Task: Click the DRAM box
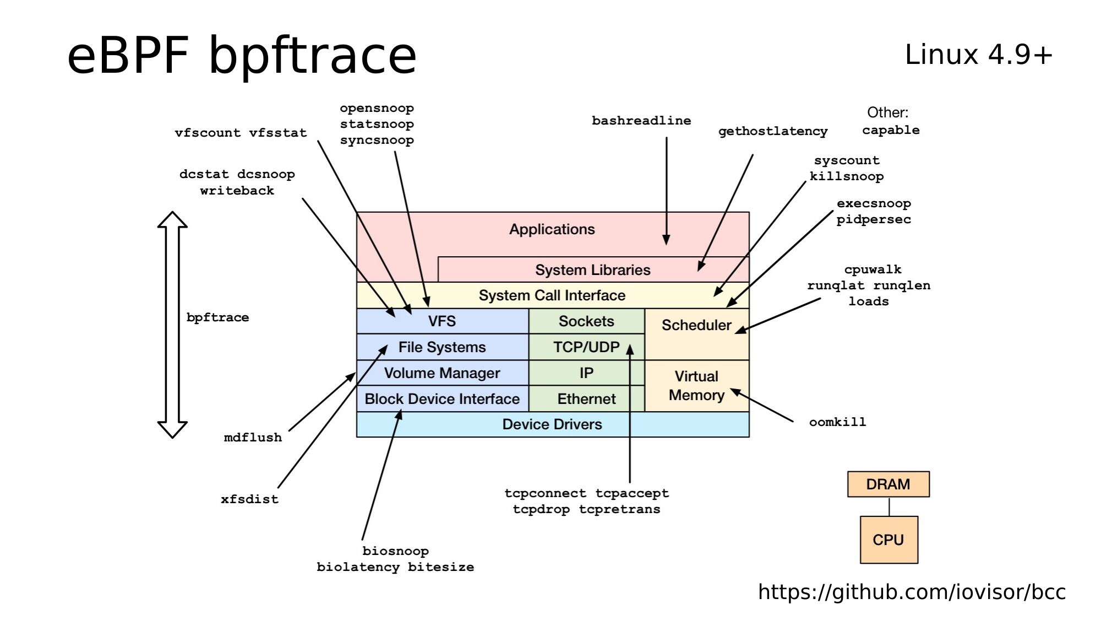coord(888,484)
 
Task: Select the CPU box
coord(889,540)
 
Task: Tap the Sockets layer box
coord(586,321)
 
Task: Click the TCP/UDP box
coord(586,347)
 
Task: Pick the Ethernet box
coord(586,398)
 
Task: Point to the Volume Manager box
coord(442,373)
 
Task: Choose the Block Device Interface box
coord(442,398)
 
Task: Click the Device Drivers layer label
coord(552,424)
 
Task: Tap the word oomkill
coord(837,422)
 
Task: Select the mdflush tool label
coord(253,438)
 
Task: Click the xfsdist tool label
coord(249,499)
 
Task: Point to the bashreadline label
coord(641,121)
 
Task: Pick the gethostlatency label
coord(773,131)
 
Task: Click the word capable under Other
coord(891,130)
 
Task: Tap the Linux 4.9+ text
coord(978,55)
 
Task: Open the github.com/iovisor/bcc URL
coord(912,592)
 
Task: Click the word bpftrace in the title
coord(312,56)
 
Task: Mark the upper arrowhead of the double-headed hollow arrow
coord(172,220)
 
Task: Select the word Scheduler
coord(696,325)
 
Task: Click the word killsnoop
coord(847,176)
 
